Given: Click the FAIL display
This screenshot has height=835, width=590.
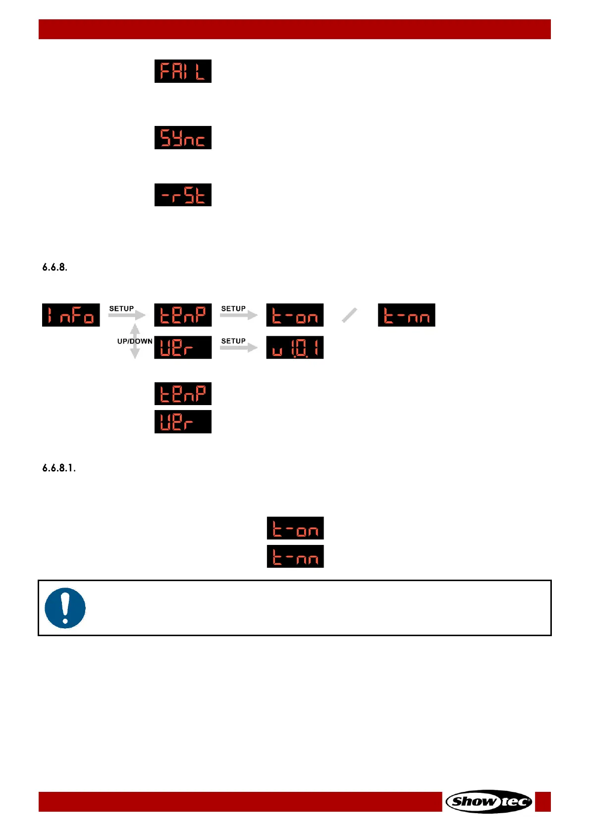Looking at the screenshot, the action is (183, 71).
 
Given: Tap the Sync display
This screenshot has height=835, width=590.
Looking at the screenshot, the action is (183, 137).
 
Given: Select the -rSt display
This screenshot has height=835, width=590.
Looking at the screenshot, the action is (183, 195).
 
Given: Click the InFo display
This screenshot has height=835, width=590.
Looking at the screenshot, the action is (71, 315).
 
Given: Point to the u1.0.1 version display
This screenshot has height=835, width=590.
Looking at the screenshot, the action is (295, 348).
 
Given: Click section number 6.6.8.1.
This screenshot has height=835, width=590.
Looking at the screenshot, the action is (59, 468).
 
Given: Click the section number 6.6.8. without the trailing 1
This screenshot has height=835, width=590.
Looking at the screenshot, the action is (54, 267).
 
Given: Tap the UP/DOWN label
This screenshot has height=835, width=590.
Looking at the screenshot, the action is (135, 341).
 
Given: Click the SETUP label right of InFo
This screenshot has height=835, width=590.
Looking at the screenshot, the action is (121, 308).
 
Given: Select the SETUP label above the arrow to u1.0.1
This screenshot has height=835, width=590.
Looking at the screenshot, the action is (233, 341).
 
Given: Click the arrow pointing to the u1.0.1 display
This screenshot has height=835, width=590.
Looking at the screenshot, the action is (238, 348).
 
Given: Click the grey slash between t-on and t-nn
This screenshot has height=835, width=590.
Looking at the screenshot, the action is (350, 315).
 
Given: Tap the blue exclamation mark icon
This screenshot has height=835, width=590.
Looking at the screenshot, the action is (65, 608).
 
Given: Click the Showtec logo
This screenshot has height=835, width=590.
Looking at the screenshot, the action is (488, 801).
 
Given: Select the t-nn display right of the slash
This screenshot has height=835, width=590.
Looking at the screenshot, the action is (406, 315).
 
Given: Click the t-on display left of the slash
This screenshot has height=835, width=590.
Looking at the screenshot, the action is (295, 315).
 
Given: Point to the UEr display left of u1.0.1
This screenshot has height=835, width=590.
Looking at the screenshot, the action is (183, 348).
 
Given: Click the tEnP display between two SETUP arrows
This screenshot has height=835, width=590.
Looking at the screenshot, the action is (183, 315).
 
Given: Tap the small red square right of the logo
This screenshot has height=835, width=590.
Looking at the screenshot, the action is (543, 801).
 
